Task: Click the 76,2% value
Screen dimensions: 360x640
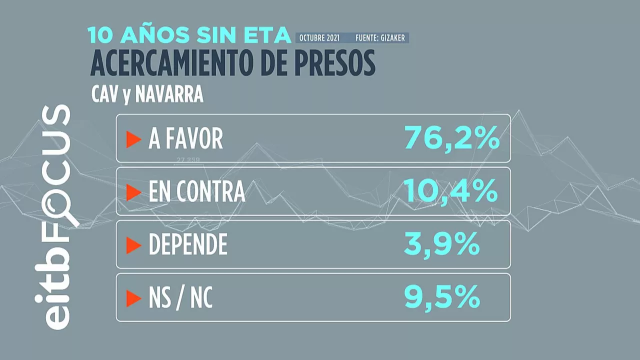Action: pos(451,137)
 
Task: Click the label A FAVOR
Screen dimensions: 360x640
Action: pos(185,139)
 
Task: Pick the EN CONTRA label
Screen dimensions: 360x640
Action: pos(196,192)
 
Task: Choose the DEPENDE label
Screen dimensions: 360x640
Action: pos(188,245)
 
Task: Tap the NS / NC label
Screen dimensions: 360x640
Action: pos(180,298)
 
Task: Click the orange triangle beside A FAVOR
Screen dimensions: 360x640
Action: pos(133,139)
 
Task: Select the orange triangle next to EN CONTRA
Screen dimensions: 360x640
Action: pos(133,192)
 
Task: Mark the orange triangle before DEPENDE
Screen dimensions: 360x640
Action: pos(133,245)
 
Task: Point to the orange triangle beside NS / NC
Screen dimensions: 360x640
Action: pos(133,298)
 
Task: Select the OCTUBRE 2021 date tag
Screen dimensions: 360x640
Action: pos(319,38)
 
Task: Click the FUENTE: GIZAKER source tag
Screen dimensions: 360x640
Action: pos(380,38)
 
